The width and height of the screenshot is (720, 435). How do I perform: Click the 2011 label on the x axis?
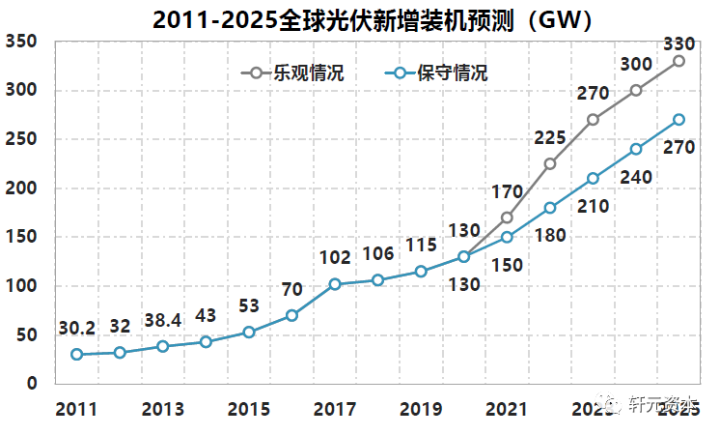tap(76, 408)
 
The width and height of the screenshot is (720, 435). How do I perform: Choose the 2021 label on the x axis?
tap(507, 408)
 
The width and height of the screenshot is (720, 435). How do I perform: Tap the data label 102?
tap(335, 258)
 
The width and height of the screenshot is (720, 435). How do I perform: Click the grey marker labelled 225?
tap(550, 163)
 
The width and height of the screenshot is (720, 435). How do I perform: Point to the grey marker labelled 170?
tap(507, 217)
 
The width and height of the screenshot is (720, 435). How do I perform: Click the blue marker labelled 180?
tap(550, 208)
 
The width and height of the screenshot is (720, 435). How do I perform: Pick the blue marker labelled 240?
tap(636, 149)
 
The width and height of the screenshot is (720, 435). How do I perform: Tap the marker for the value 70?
tap(291, 315)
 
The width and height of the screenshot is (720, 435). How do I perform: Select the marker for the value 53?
tap(248, 332)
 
